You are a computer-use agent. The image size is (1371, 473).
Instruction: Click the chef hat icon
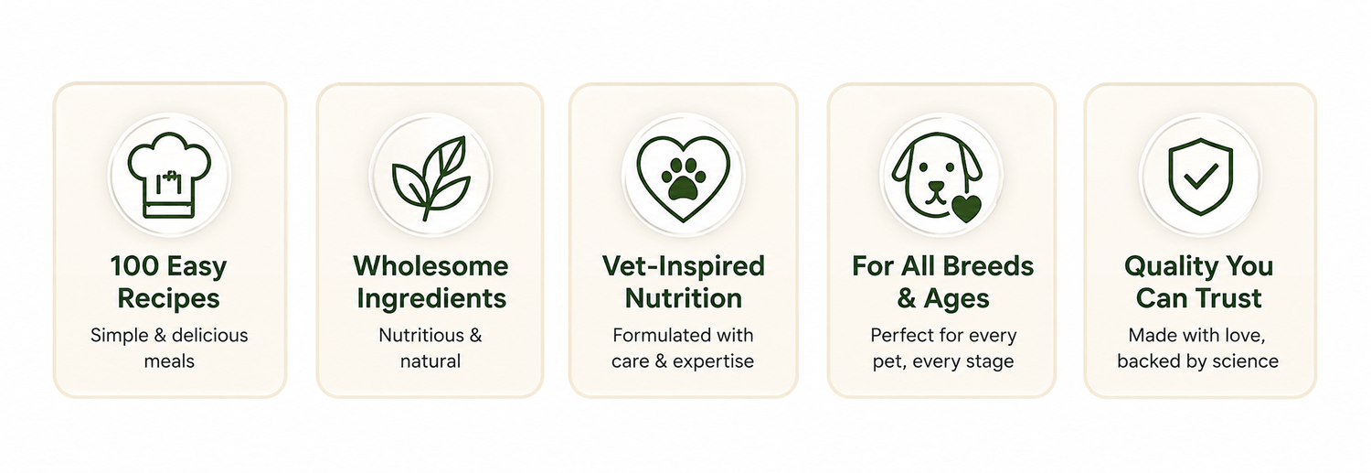coord(169,176)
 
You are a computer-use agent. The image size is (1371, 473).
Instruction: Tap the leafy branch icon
coord(431,177)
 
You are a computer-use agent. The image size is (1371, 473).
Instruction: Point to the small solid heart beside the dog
coord(966,209)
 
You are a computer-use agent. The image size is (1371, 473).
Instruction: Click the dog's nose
coord(937,187)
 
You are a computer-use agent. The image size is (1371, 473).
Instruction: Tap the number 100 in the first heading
coord(134,266)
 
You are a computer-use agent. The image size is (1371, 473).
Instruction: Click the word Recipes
coord(169,299)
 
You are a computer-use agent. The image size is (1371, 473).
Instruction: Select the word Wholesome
coord(430,266)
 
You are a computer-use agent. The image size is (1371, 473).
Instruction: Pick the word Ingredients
coord(431,299)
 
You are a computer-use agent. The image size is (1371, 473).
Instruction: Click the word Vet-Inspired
coord(684,267)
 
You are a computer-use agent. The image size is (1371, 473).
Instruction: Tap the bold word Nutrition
coord(684,298)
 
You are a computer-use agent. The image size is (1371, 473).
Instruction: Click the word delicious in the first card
coord(210,335)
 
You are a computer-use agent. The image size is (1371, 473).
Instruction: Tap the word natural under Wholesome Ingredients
coord(430,360)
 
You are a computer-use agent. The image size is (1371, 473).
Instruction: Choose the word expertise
coord(713,361)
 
